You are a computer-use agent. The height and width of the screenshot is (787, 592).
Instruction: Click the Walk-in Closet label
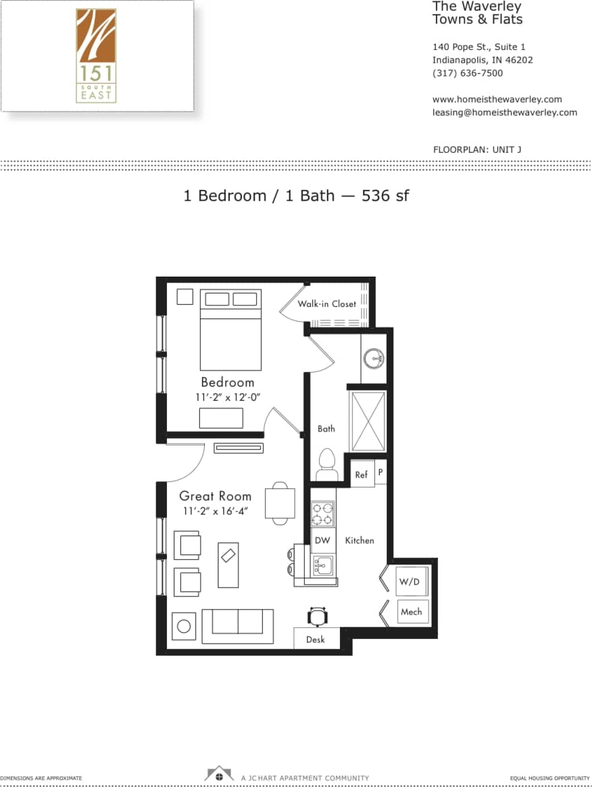click(326, 304)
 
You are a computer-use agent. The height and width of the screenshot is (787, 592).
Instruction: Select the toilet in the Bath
click(326, 464)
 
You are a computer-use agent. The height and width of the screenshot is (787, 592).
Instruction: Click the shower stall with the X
click(367, 421)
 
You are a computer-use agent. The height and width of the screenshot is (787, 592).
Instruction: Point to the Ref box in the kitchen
click(362, 475)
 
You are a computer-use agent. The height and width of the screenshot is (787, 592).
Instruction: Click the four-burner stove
click(323, 514)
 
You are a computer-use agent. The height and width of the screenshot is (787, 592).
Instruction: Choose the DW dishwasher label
click(323, 540)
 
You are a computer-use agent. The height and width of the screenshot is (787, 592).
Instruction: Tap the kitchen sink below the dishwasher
click(323, 565)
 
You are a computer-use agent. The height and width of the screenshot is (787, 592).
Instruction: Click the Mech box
click(411, 612)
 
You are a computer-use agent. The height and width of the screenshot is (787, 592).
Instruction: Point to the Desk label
click(316, 639)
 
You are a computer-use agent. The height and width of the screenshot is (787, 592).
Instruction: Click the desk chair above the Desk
click(316, 617)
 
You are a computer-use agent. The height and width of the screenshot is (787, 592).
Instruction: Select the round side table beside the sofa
click(184, 627)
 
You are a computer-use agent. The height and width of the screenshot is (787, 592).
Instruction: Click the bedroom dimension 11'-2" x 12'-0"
click(228, 398)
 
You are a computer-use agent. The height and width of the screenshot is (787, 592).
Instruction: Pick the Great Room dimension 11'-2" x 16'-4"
click(215, 511)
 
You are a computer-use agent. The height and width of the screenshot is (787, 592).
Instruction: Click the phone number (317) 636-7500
click(467, 73)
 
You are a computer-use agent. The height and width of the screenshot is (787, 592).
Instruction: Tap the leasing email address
click(504, 112)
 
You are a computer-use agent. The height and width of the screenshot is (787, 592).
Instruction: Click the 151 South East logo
click(96, 55)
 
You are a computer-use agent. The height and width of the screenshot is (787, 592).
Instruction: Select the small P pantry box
click(380, 473)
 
